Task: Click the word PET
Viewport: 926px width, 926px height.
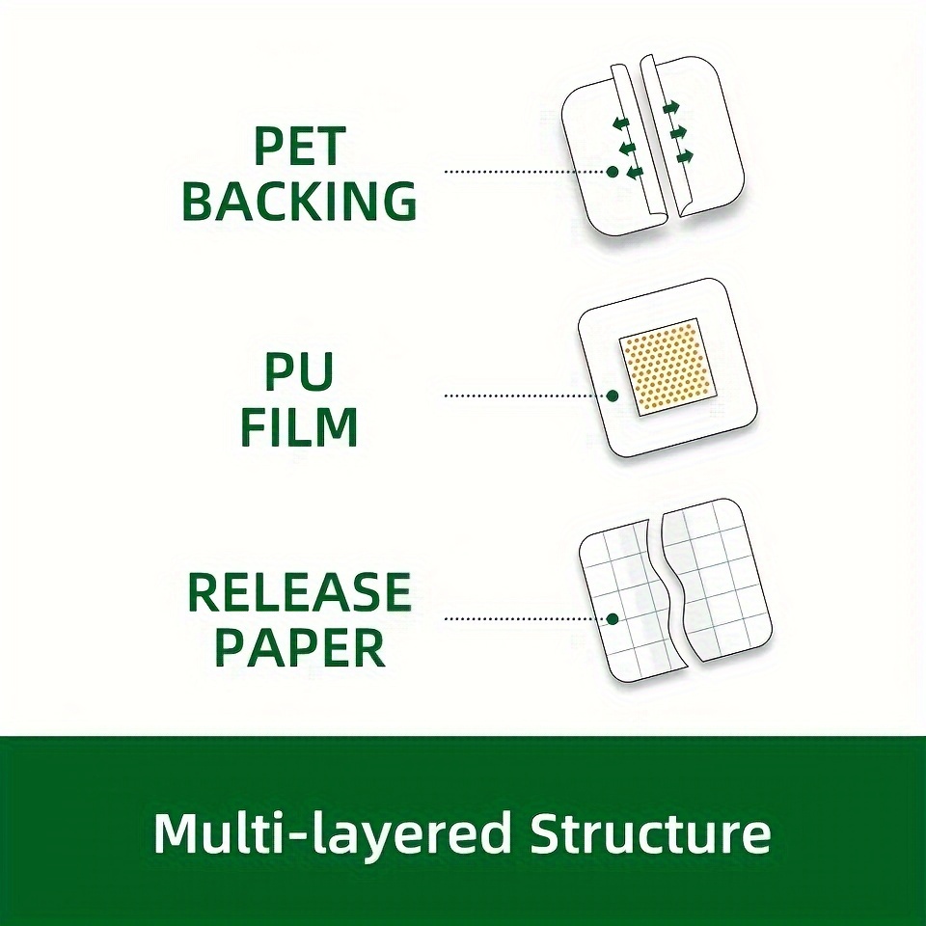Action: coord(299,146)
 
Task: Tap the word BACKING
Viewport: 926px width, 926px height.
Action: coord(300,201)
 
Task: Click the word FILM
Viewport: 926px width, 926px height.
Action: coord(299,426)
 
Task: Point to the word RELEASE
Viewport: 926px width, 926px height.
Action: coord(299,592)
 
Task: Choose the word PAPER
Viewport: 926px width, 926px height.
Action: coord(299,647)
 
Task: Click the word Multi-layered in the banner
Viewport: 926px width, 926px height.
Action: coord(332,834)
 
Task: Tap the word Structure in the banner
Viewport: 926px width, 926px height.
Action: coord(650,832)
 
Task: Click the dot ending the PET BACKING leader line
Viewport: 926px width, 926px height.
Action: coord(613,172)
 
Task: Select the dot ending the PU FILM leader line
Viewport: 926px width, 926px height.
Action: coord(613,395)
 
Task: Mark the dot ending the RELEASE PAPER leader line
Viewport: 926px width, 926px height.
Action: coord(613,619)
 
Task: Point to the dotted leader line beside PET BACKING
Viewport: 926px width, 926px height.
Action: coord(526,172)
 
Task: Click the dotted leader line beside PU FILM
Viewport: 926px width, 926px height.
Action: coord(526,395)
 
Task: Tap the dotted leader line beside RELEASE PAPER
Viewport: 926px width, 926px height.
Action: coord(526,619)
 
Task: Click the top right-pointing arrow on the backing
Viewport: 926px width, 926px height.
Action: coord(671,108)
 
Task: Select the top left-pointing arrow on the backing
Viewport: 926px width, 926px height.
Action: coord(620,123)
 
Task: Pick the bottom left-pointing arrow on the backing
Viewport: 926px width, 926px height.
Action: coord(635,173)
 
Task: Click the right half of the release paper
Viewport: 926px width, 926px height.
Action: coord(717,585)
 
